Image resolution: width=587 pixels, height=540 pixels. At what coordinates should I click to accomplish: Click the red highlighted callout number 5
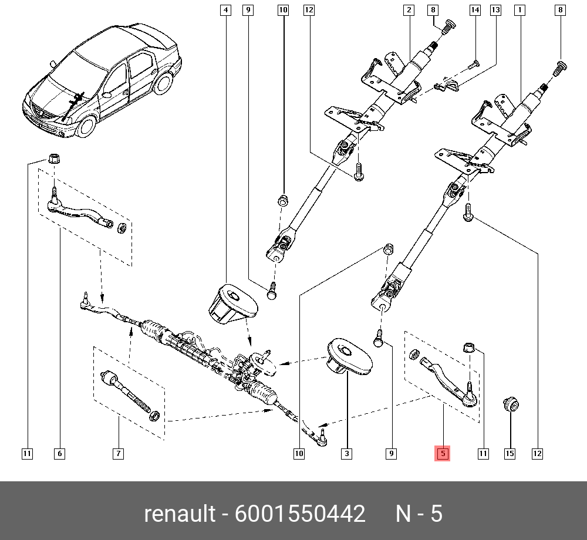pos(442,453)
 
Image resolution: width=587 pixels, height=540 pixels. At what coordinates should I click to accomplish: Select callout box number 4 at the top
pos(227,10)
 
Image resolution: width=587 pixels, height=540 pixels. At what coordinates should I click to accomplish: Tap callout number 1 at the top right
pos(519,10)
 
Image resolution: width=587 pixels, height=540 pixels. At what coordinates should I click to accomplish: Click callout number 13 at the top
pos(496,10)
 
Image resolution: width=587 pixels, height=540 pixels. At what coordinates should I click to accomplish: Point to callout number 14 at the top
pos(475,10)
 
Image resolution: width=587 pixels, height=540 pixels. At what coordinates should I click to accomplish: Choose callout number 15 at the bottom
pos(510,453)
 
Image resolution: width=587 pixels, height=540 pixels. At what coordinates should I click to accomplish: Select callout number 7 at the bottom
pos(118,453)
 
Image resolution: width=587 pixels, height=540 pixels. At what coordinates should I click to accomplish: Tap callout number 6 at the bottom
pos(59,453)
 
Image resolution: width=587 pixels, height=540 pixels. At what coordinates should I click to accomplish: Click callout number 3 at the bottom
pos(347,453)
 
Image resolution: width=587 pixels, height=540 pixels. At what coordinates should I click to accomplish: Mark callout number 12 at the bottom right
pos(537,453)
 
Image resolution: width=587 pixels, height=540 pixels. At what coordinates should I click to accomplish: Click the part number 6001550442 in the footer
pos(300,514)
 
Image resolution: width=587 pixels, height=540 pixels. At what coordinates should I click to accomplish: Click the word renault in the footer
pos(180,514)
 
